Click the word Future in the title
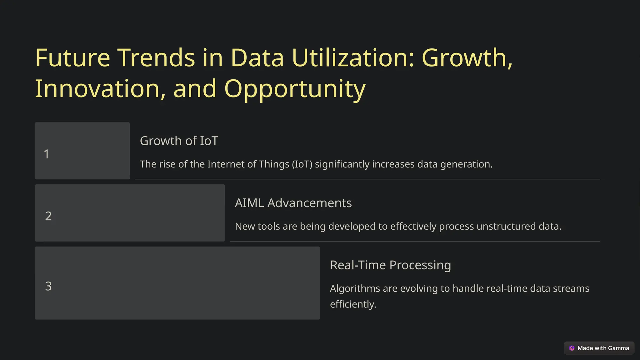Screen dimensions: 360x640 [72, 58]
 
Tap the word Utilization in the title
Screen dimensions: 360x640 [353, 58]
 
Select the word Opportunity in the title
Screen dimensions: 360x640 [295, 89]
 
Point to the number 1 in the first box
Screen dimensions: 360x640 [47, 154]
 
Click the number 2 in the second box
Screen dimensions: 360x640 [48, 216]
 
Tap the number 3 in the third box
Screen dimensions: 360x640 [48, 286]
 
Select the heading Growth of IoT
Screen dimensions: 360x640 [179, 141]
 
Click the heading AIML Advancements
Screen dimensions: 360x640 [293, 203]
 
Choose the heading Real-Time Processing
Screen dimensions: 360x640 [390, 265]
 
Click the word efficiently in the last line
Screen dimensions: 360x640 [353, 304]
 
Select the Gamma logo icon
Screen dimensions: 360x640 [572, 348]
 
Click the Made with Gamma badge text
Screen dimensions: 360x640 [603, 348]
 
